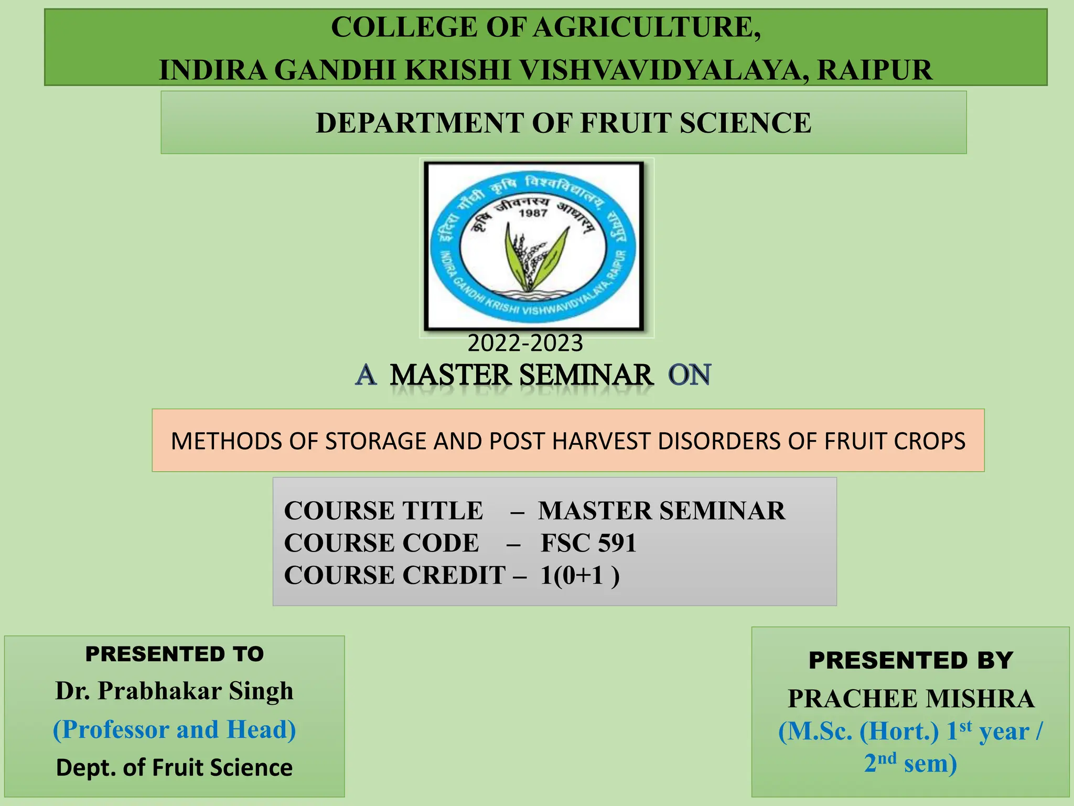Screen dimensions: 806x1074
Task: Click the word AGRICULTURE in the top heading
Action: click(x=647, y=27)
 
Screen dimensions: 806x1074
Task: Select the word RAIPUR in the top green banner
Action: click(x=875, y=70)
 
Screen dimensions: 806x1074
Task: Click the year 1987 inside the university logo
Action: click(x=533, y=213)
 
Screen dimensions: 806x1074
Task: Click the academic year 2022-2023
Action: click(x=525, y=344)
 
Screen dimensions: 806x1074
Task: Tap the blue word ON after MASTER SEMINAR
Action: click(x=690, y=375)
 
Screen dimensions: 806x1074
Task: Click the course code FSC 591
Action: click(x=588, y=543)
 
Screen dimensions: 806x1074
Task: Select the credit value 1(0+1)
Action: click(x=579, y=576)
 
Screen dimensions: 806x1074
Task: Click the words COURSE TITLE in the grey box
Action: click(x=383, y=511)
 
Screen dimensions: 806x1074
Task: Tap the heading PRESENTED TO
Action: click(x=175, y=654)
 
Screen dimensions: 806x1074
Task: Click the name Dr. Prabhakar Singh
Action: click(x=175, y=691)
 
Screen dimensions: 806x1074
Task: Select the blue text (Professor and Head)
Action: click(x=175, y=730)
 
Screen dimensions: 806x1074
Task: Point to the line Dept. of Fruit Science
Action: click(x=175, y=768)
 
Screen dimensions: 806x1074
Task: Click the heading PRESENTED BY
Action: click(x=910, y=661)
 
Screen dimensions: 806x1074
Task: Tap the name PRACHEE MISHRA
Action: click(x=911, y=699)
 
